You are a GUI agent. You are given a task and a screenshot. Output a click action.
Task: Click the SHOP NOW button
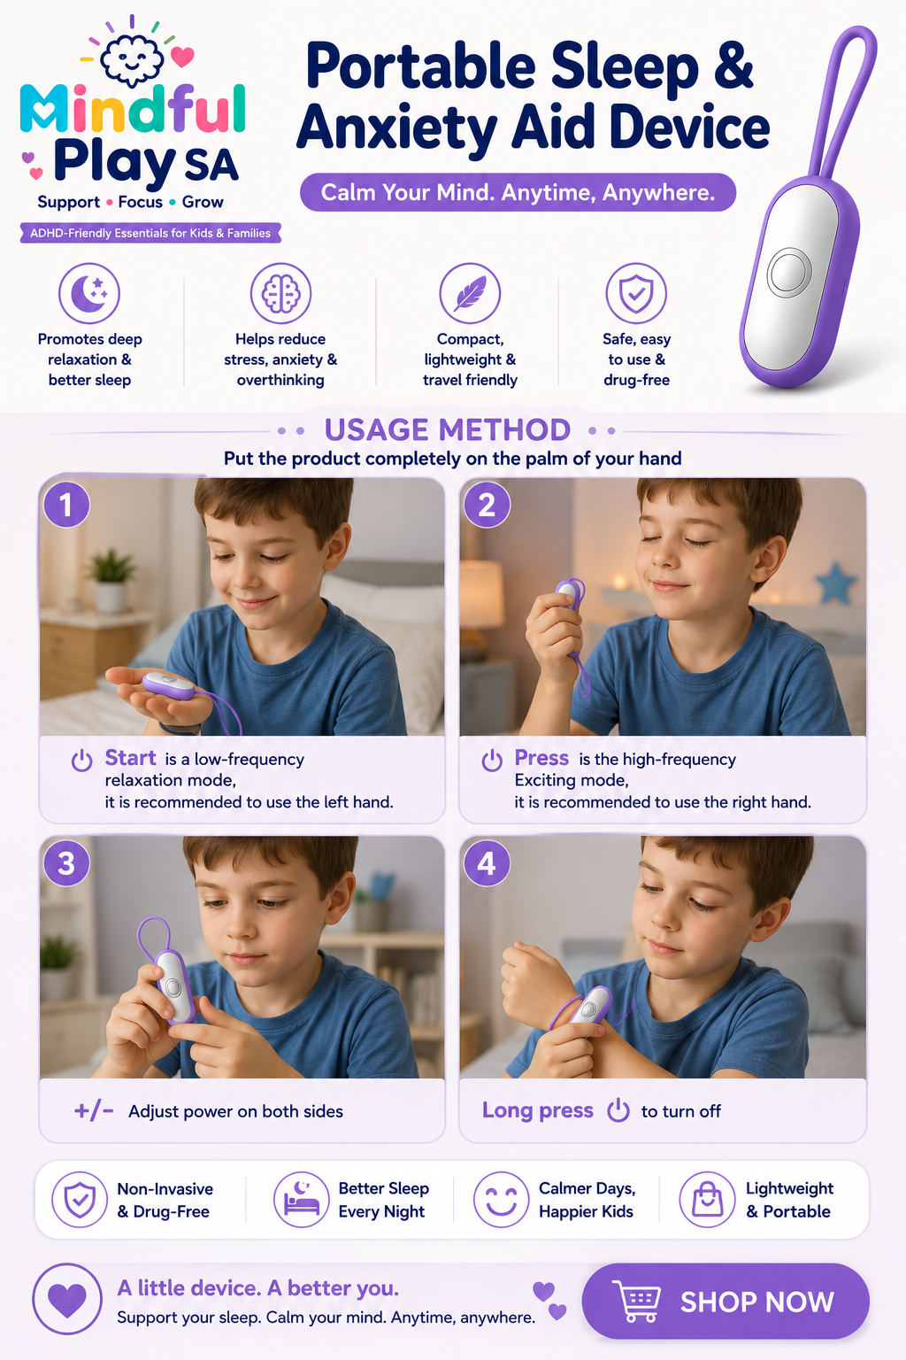(x=726, y=1301)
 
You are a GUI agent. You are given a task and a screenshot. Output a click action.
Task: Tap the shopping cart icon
(x=636, y=1301)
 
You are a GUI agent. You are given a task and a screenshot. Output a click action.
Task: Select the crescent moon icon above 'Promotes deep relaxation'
(x=89, y=293)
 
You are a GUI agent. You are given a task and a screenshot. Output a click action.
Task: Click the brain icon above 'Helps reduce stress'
(x=280, y=293)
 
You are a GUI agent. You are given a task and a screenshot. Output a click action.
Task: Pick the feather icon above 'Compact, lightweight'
(x=470, y=293)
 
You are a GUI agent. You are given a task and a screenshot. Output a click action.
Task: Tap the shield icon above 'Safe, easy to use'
(x=636, y=293)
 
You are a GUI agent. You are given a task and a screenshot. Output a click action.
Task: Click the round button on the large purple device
(x=789, y=272)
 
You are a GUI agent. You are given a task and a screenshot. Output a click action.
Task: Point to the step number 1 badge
(x=66, y=505)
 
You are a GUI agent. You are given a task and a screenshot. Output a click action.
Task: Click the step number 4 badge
(x=487, y=863)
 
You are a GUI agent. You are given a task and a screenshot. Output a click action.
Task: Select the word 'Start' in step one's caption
(x=130, y=758)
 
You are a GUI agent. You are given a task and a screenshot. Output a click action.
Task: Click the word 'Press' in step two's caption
(x=541, y=758)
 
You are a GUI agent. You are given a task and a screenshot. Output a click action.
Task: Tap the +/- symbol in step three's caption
(x=94, y=1111)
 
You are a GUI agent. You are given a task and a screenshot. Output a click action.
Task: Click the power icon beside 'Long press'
(x=618, y=1110)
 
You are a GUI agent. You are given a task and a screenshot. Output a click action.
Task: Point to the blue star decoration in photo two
(x=835, y=583)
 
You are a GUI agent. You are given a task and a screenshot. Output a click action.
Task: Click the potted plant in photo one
(x=111, y=580)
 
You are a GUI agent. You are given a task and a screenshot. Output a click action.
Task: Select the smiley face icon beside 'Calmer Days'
(x=502, y=1200)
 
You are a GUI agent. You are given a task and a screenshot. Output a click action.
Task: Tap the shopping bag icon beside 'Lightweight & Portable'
(x=707, y=1200)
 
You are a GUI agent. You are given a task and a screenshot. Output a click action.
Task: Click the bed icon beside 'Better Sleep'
(x=302, y=1200)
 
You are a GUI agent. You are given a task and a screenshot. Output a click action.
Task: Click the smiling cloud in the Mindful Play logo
(x=132, y=59)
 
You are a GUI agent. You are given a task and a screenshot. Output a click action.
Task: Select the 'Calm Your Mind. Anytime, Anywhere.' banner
(x=518, y=192)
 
